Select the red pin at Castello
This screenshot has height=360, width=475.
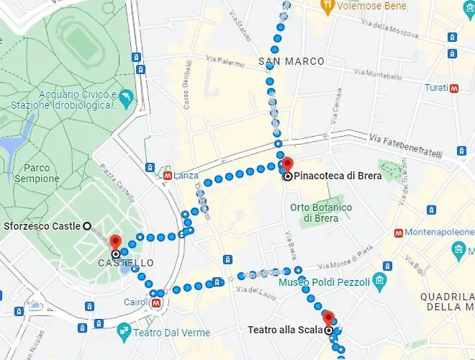115,243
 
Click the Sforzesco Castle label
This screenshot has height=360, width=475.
42,226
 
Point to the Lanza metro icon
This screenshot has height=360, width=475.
167,175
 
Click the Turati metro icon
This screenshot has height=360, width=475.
454,89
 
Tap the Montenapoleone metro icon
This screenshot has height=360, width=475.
397,233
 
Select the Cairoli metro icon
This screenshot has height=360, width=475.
157,303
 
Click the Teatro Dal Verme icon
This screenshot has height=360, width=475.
124,332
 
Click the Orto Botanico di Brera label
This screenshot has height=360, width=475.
321,212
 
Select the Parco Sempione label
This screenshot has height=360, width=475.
37,173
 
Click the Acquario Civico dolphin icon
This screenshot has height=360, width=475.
127,96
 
